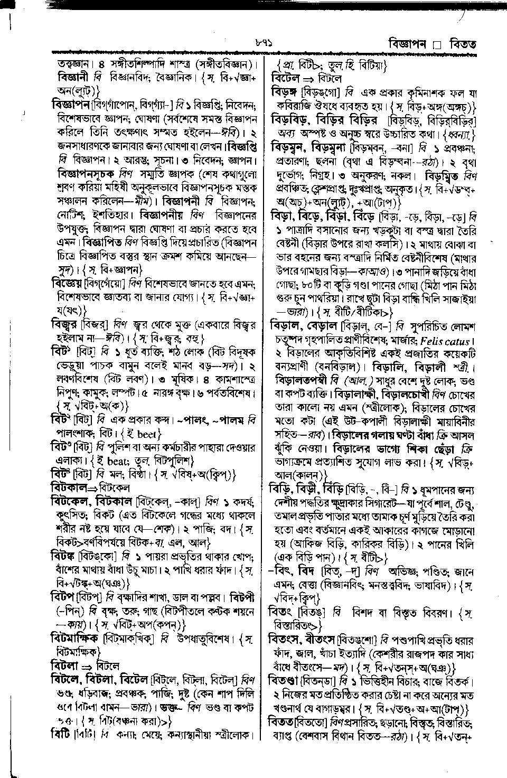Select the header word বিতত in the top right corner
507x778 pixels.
[x=463, y=44]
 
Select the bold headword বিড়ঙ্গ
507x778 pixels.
[x=285, y=92]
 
